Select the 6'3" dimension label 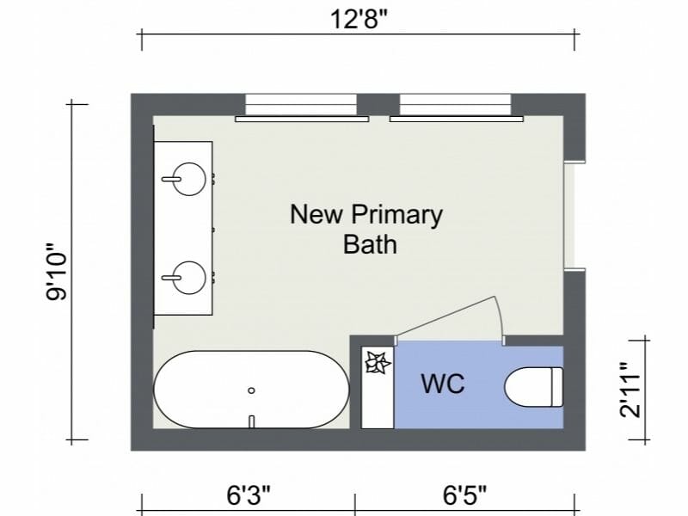coord(249,495)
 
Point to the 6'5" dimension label coord(465,495)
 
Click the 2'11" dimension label coord(632,390)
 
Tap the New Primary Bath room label coord(365,228)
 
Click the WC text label coord(442,384)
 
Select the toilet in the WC coord(533,386)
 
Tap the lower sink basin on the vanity coord(184,277)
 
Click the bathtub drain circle coord(251,390)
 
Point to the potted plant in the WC coord(377,364)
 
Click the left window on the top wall coord(300,107)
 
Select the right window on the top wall coord(455,107)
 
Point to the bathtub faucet coord(251,421)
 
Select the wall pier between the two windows coord(378,105)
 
